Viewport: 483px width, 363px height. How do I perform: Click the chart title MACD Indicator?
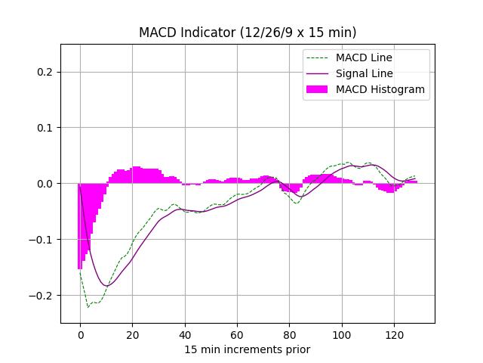coord(248,33)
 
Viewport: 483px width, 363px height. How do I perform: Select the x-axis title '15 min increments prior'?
coord(248,349)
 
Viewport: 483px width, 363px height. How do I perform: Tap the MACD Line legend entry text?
coord(364,57)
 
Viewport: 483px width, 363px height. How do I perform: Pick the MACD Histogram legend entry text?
coord(380,89)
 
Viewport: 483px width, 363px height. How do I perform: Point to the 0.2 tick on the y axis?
coord(47,72)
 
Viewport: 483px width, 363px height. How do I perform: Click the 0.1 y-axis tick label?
coord(47,128)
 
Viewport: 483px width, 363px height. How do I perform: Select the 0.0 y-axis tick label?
coord(47,184)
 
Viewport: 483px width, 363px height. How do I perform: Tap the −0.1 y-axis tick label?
coord(44,240)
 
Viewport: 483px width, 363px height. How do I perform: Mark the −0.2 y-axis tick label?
coord(44,296)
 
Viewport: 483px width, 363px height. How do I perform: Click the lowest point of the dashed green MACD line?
coord(88,307)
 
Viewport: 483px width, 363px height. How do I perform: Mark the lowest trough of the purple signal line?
coord(106,286)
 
